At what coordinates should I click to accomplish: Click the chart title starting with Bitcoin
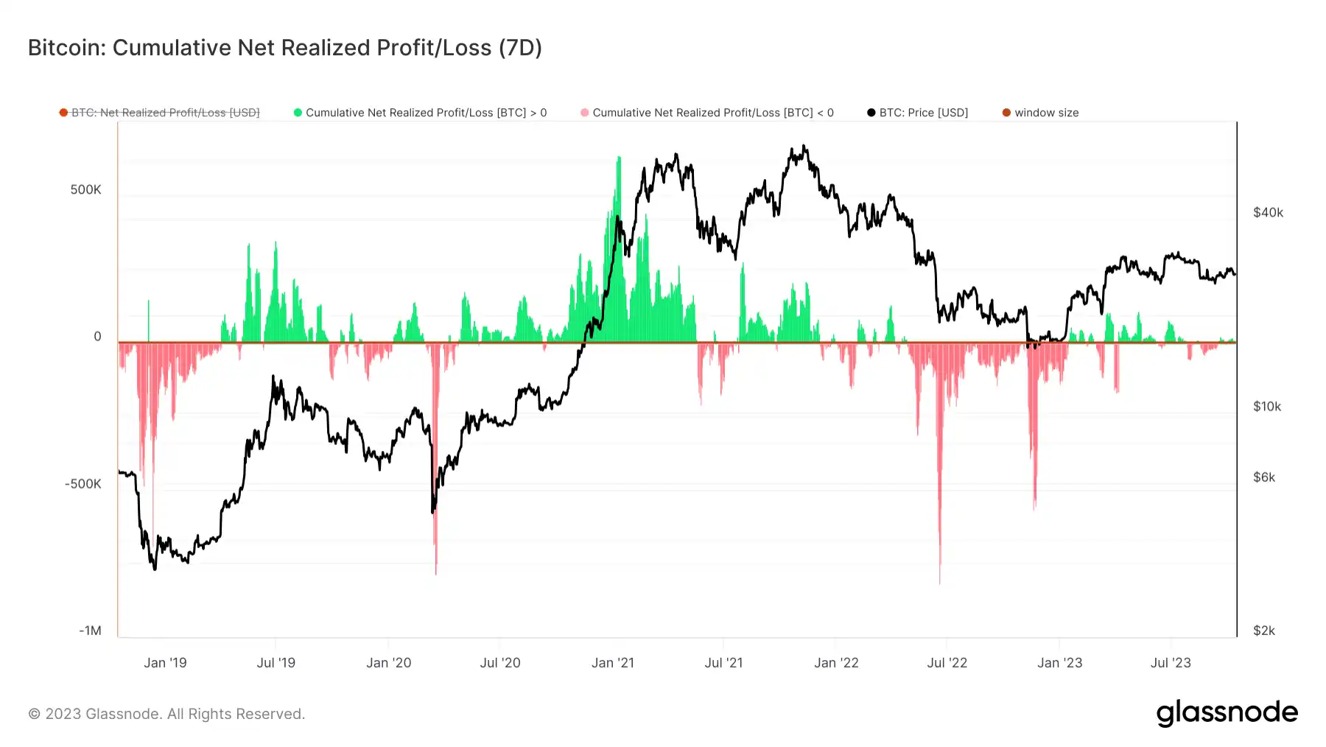click(x=284, y=48)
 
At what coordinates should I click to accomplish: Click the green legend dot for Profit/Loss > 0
click(x=298, y=113)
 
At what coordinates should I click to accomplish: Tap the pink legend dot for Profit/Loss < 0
click(x=584, y=113)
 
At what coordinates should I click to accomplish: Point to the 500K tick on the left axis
click(x=85, y=190)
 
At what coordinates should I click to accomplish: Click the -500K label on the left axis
click(x=83, y=484)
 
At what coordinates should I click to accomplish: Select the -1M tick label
click(x=90, y=631)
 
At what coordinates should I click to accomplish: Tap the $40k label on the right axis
click(x=1268, y=213)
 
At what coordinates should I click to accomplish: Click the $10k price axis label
click(x=1267, y=407)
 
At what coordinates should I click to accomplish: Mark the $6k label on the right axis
click(x=1264, y=477)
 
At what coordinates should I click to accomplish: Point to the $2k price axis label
click(x=1264, y=631)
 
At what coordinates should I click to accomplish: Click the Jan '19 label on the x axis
click(x=165, y=663)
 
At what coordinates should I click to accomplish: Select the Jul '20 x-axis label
click(x=500, y=663)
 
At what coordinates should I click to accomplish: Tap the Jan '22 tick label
click(x=836, y=663)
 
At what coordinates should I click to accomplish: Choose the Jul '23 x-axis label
click(x=1171, y=663)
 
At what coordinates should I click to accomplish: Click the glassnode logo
click(x=1227, y=713)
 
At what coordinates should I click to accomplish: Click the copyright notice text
click(x=166, y=714)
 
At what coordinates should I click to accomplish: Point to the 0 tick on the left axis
click(x=97, y=337)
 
